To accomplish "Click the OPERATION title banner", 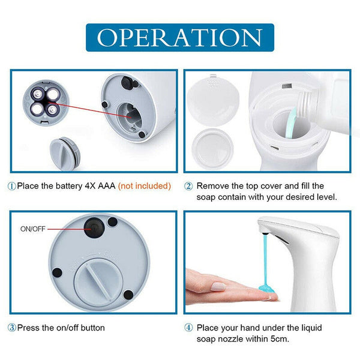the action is (180, 37).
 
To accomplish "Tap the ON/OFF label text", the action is (33, 229).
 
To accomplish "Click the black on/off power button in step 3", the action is (94, 228).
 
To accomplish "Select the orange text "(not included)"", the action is (145, 186).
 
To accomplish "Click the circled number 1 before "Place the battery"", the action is (12, 186).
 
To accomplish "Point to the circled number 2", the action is (188, 186).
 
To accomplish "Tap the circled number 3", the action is (12, 328).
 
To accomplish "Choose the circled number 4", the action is (188, 328).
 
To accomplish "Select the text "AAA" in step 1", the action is (107, 186).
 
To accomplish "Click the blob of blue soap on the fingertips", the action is (266, 289).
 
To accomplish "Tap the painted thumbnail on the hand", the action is (218, 287).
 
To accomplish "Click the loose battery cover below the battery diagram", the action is (65, 153).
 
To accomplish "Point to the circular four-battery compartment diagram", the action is (46, 103).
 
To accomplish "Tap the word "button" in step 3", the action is (92, 328).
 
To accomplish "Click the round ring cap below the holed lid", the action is (212, 148).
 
